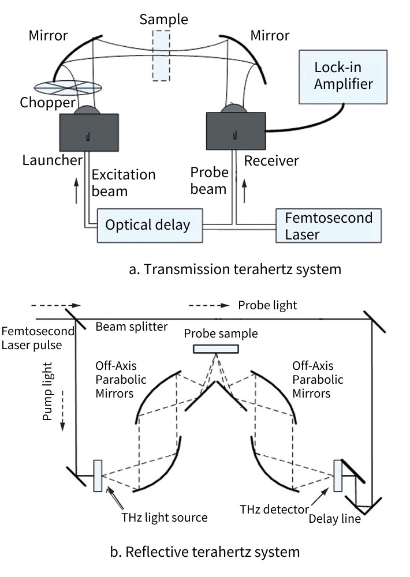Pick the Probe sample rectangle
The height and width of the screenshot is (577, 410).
click(x=216, y=349)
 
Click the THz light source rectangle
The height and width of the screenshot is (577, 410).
click(x=98, y=475)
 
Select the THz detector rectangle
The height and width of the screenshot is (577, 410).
click(x=338, y=475)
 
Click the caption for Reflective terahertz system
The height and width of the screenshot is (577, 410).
click(x=205, y=552)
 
